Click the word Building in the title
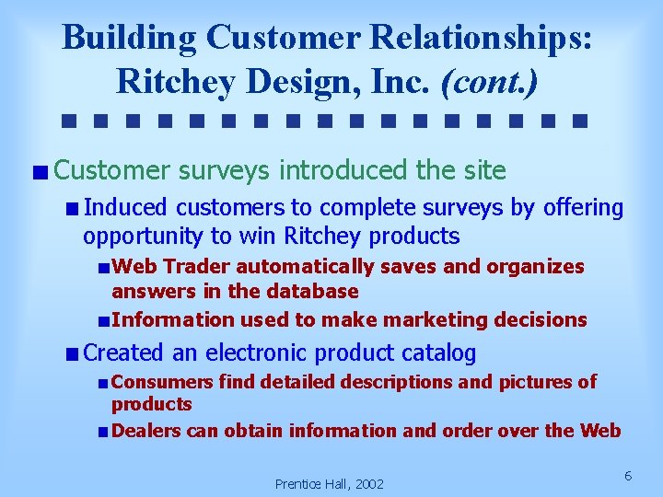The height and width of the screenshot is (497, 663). click(x=129, y=38)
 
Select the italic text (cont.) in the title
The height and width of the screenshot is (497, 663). click(x=490, y=81)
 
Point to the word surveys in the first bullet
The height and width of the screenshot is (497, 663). click(x=225, y=170)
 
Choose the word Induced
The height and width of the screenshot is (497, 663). click(x=127, y=208)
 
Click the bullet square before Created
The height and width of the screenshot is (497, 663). click(x=73, y=353)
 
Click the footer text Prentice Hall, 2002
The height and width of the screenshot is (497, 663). click(x=330, y=483)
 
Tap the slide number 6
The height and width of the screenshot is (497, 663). click(x=627, y=475)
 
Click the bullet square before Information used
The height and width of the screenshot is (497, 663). click(x=103, y=320)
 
